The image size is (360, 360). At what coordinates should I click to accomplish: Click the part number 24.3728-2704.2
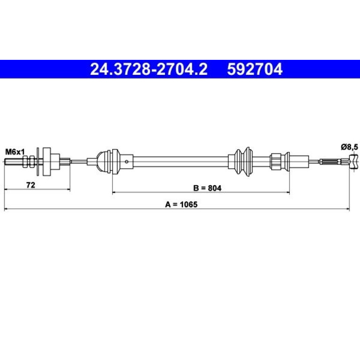click(149, 69)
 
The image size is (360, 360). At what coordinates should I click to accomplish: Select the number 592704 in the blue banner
click(255, 69)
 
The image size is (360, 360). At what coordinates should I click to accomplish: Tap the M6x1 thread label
click(15, 152)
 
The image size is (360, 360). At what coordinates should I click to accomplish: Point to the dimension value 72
click(30, 185)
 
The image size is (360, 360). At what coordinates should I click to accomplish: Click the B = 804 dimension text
click(207, 188)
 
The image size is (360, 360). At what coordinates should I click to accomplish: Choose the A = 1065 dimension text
click(181, 204)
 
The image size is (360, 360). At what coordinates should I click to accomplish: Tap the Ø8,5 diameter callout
click(349, 147)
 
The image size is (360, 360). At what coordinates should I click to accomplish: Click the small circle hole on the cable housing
click(127, 162)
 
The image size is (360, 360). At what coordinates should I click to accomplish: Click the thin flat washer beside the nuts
click(38, 162)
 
